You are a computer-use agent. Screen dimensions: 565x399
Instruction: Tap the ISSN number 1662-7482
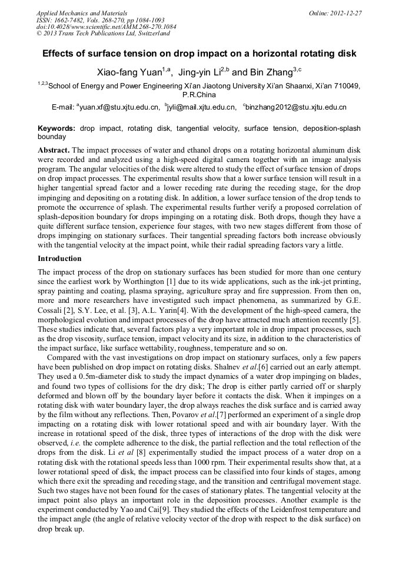click(69, 19)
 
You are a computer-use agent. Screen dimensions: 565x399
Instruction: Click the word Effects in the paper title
click(60, 54)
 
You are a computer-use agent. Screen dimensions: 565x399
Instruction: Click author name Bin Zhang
click(270, 73)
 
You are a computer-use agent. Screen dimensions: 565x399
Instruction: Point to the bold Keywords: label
click(56, 128)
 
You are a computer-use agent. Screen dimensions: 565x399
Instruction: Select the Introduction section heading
click(59, 259)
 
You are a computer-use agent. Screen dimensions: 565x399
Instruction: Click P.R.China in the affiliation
click(199, 94)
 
